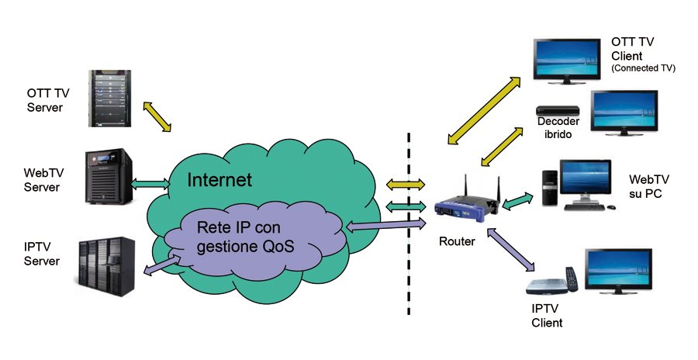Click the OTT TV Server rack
108,99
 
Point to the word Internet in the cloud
219,180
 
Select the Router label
457,241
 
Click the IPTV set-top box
547,286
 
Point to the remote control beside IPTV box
572,279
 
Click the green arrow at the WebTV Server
152,184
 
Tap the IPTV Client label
547,316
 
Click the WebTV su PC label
644,185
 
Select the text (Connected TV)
643,68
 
